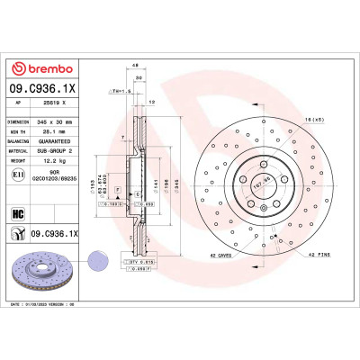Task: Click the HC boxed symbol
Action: pos(17,214)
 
